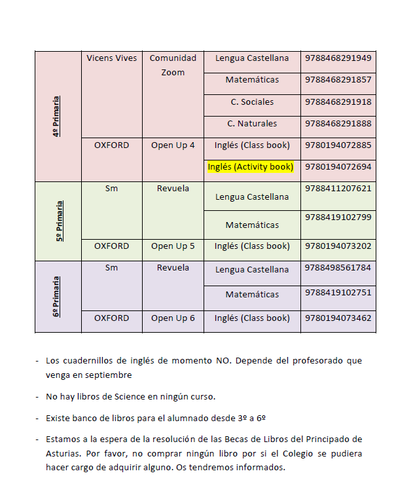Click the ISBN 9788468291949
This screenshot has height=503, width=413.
pyautogui.click(x=338, y=58)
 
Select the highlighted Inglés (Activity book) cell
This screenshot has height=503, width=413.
pyautogui.click(x=250, y=167)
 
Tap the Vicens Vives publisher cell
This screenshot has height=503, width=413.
pyautogui.click(x=111, y=58)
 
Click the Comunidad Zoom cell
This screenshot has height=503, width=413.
pyautogui.click(x=173, y=65)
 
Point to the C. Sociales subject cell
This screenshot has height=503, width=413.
pyautogui.click(x=252, y=102)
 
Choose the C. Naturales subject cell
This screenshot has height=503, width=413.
pyautogui.click(x=252, y=124)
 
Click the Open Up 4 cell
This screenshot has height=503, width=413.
pyautogui.click(x=173, y=145)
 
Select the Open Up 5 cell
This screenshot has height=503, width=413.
pyautogui.click(x=173, y=247)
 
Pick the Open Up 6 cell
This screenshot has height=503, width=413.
pyautogui.click(x=173, y=319)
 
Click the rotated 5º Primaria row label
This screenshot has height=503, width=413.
pyautogui.click(x=59, y=221)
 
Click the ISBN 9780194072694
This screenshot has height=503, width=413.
pyautogui.click(x=338, y=167)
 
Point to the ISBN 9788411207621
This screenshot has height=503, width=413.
pyautogui.click(x=338, y=189)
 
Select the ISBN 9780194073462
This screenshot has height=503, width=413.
pyautogui.click(x=338, y=319)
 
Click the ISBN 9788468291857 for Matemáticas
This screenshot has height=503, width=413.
pyautogui.click(x=338, y=80)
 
